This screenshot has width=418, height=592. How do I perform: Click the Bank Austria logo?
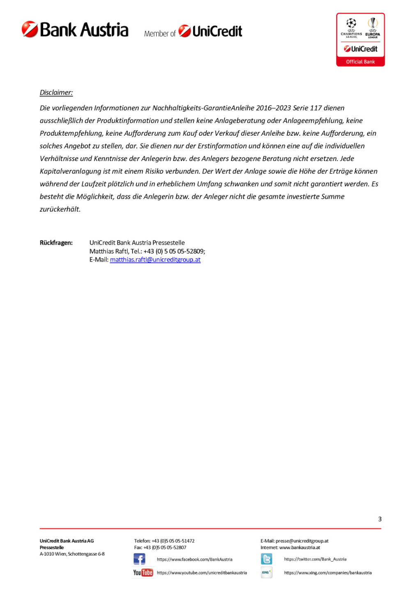(x=75, y=30)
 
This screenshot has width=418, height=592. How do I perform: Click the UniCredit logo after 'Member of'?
(x=210, y=31)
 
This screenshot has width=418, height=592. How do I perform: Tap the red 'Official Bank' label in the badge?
(x=360, y=62)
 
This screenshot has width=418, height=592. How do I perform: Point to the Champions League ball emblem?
(x=351, y=23)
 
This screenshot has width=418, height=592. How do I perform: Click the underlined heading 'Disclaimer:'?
(x=56, y=92)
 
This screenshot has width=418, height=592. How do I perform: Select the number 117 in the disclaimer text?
(x=316, y=108)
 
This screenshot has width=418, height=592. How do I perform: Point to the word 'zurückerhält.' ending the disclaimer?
(x=60, y=209)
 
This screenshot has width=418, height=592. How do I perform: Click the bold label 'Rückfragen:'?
(x=56, y=243)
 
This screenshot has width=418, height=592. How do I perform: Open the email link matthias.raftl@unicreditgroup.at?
(x=155, y=260)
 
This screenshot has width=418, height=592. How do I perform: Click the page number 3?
(x=380, y=519)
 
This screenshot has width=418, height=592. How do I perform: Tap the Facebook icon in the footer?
(x=140, y=559)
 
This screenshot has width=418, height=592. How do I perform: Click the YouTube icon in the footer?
(x=143, y=573)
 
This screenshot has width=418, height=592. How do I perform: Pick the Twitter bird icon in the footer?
(x=266, y=559)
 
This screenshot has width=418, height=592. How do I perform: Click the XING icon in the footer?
(x=266, y=572)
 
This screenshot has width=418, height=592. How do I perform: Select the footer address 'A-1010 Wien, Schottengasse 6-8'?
(x=72, y=554)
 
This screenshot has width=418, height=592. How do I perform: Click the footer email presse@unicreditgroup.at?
(x=302, y=541)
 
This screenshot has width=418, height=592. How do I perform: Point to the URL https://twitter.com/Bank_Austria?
(x=315, y=559)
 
